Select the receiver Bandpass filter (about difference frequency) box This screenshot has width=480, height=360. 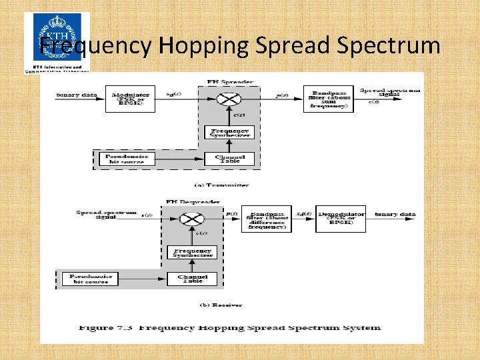coord(266,218)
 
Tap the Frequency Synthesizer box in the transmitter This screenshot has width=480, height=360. coord(229,132)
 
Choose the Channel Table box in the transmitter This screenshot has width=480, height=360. coord(229,159)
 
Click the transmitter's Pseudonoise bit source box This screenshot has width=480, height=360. coord(126,159)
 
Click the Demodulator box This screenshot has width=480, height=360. coord(341,218)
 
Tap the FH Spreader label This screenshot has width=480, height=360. coord(229,81)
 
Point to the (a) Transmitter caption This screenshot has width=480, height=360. coord(222,185)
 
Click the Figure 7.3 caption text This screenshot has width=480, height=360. coord(230,327)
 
